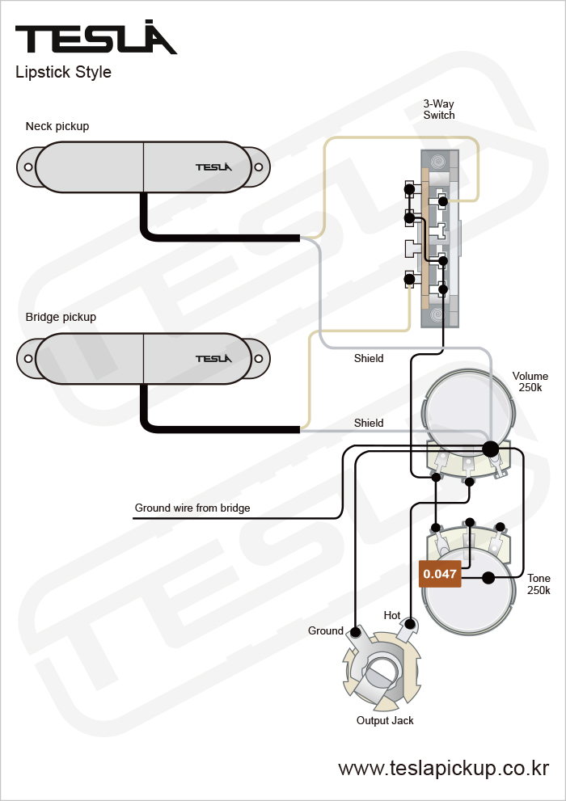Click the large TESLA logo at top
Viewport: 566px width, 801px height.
point(95,38)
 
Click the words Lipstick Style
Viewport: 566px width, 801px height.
point(63,72)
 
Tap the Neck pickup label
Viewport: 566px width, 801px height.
point(57,126)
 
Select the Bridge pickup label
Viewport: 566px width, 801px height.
point(61,317)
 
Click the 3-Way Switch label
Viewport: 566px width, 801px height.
point(439,109)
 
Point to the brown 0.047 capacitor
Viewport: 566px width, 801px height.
point(440,574)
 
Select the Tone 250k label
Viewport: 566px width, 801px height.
point(539,584)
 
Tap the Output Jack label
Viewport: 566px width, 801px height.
point(385,720)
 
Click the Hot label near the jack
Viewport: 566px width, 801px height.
point(392,615)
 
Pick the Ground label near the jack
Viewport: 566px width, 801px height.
point(326,630)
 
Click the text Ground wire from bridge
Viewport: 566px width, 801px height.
point(192,508)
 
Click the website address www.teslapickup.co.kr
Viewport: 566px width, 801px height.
point(444,768)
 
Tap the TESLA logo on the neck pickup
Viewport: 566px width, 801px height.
point(213,167)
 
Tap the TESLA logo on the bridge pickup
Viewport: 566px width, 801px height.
point(213,358)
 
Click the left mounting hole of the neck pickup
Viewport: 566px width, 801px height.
point(28,167)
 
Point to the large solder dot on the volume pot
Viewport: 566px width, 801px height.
point(490,448)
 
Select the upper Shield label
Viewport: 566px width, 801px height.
point(369,358)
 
